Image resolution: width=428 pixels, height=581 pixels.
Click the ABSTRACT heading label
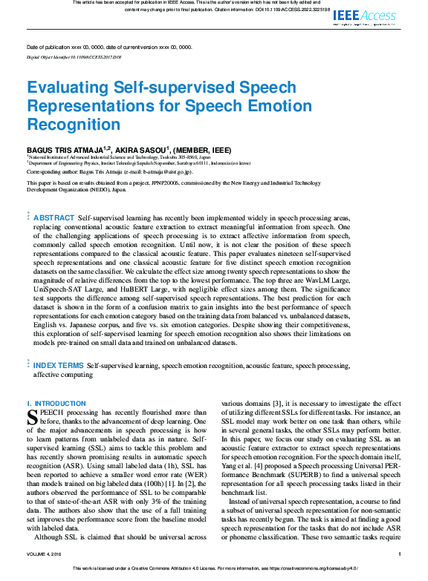pos(53,217)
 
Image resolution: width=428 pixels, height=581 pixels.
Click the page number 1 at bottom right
pos(400,554)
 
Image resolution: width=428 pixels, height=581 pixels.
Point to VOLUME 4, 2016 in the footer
pos(47,554)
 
